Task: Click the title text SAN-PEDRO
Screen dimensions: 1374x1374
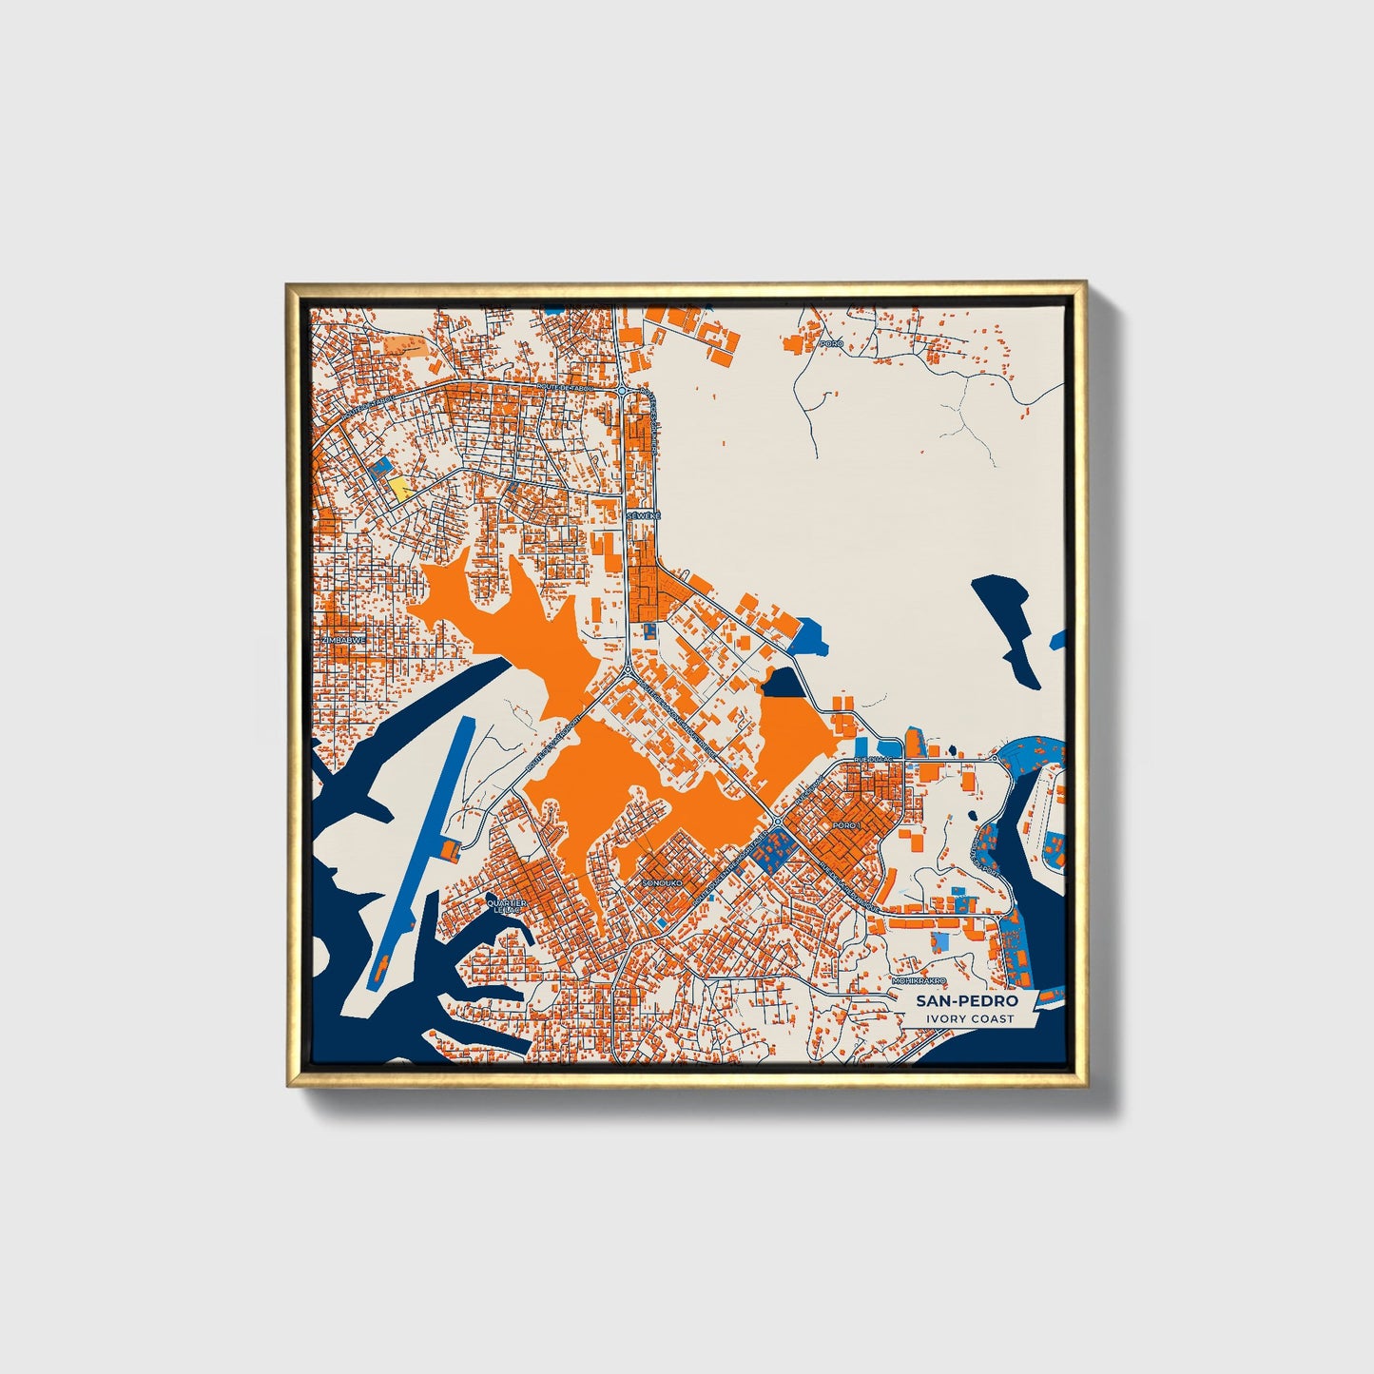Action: tap(967, 1001)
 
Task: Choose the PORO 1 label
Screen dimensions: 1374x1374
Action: tap(845, 825)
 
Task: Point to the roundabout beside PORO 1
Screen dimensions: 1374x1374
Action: tap(777, 821)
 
